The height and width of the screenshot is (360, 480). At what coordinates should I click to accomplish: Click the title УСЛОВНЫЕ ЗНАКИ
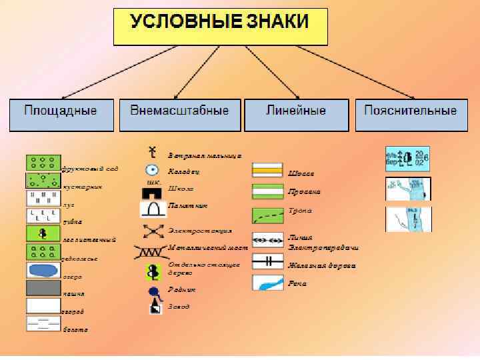point(220,21)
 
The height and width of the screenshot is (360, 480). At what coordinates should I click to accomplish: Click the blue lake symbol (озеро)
point(43,270)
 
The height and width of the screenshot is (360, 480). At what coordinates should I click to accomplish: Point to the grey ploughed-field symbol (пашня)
point(43,288)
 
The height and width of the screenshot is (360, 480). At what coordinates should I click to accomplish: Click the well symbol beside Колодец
point(153,171)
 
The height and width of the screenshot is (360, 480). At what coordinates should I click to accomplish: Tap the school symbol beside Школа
point(153,192)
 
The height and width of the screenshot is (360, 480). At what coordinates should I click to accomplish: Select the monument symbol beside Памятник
point(153,209)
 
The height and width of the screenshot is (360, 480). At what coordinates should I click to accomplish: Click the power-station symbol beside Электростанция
point(153,231)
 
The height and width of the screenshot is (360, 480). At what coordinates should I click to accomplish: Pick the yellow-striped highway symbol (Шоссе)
point(267,171)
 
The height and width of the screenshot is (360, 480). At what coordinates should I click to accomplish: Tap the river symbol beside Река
point(267,283)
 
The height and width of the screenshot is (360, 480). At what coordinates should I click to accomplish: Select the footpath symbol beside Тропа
point(267,215)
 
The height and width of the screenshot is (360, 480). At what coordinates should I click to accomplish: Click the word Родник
point(182,289)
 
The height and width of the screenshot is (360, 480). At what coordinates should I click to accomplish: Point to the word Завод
point(179,307)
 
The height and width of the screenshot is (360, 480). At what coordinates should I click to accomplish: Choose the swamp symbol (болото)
point(43,323)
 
